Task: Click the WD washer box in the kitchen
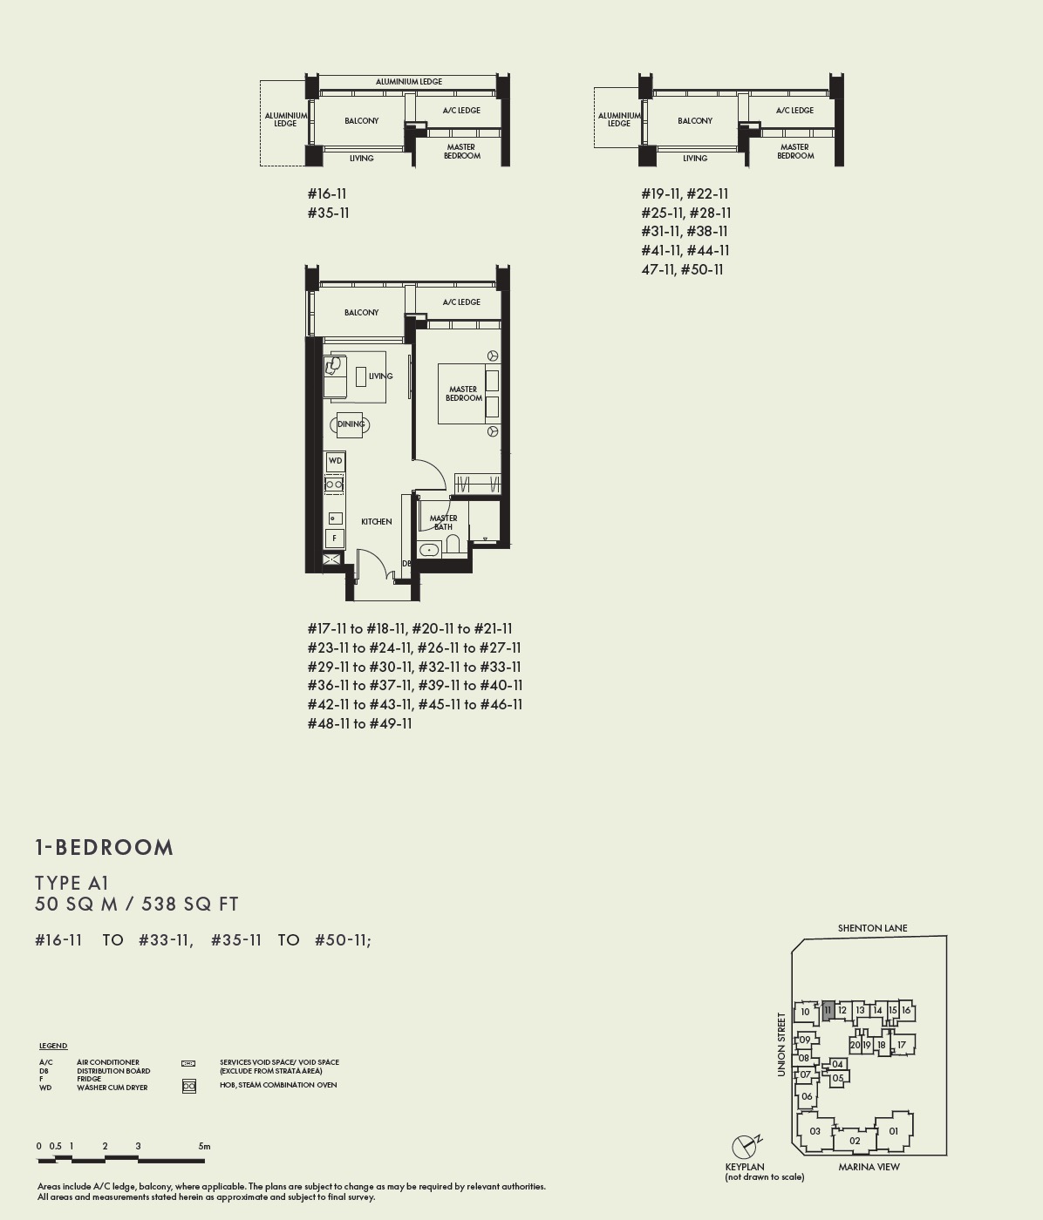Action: [335, 460]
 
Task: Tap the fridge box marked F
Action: [334, 539]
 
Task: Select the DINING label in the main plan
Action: [351, 424]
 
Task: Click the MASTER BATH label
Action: [443, 522]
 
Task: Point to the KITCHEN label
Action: [377, 521]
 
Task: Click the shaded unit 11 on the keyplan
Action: [828, 1011]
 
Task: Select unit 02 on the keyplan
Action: [855, 1140]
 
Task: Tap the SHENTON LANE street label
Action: [872, 928]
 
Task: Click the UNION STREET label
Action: [781, 1044]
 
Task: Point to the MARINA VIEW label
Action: [869, 1167]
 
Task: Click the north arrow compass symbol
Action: [744, 1146]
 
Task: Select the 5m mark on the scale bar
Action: [204, 1146]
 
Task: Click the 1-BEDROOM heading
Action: [105, 847]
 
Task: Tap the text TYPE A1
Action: [72, 883]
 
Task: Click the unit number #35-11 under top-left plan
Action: [328, 213]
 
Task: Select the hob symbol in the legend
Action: [188, 1086]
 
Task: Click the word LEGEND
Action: [53, 1046]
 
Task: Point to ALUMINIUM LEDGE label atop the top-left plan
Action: [408, 82]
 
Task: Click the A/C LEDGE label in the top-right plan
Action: [794, 111]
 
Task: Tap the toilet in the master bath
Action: [453, 545]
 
